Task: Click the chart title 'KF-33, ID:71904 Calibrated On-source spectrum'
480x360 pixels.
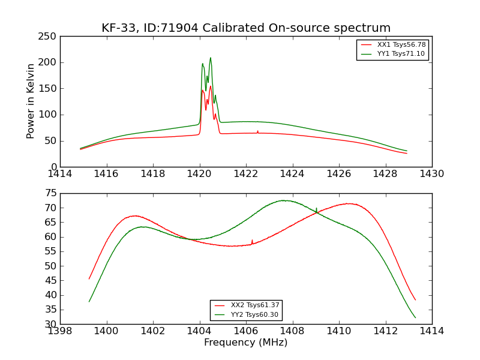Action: (246, 28)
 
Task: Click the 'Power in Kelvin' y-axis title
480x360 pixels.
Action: (31, 101)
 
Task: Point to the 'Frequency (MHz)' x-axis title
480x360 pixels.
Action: (246, 343)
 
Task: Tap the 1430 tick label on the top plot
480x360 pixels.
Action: (432, 173)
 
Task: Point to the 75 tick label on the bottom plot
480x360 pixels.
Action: (50, 193)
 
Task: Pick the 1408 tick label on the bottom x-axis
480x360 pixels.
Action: (292, 331)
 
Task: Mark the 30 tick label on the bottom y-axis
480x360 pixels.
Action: (50, 324)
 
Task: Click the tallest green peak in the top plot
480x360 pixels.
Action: (211, 58)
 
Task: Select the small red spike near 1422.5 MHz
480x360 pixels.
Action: (257, 131)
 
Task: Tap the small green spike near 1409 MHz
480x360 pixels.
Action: (316, 209)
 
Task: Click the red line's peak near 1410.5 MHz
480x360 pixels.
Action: (347, 203)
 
